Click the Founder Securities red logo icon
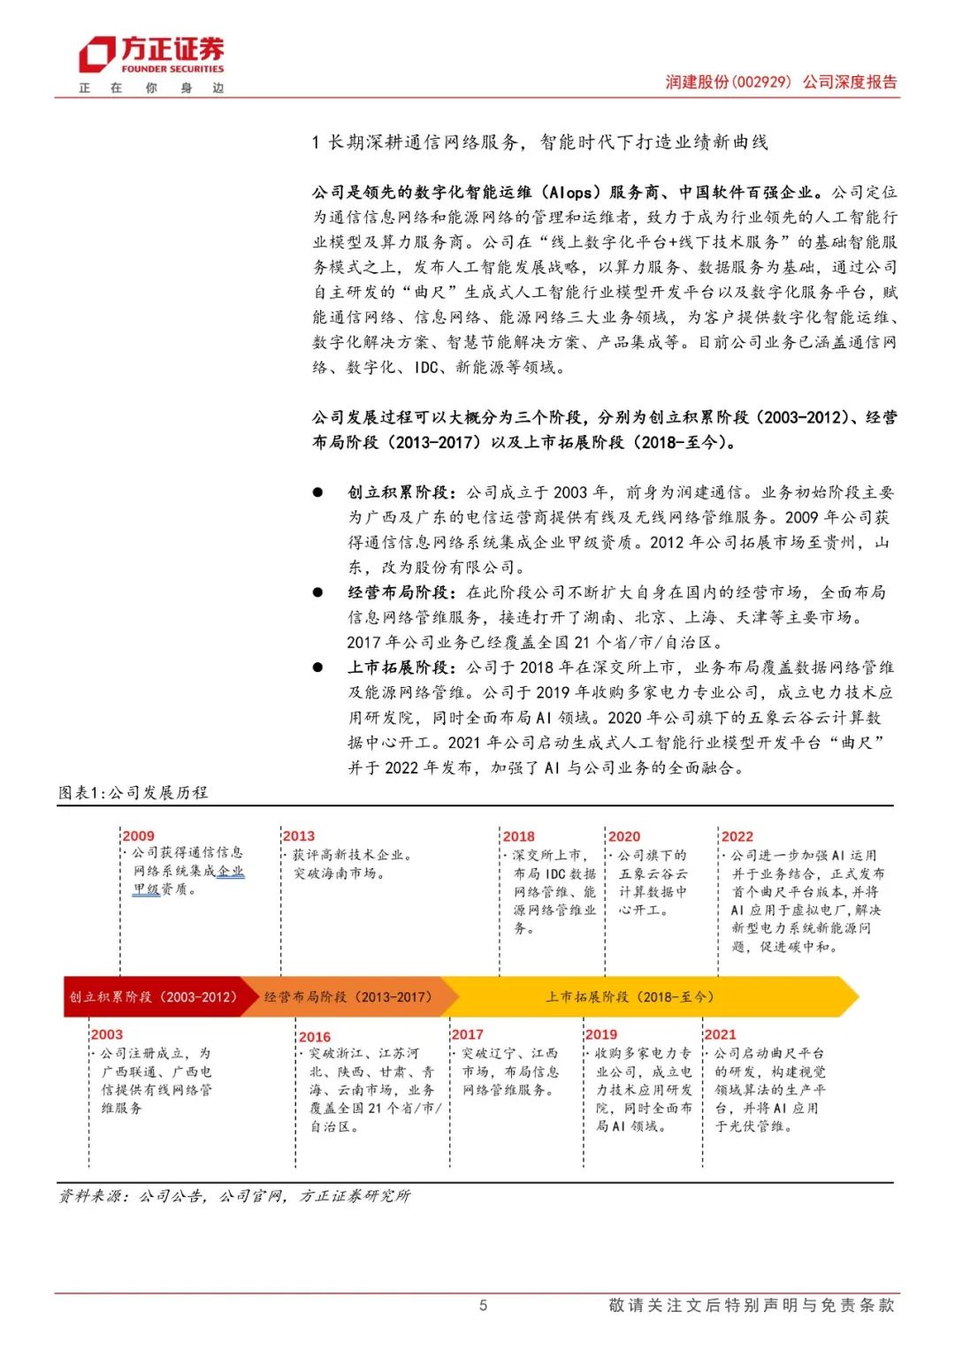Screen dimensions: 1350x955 tap(96, 55)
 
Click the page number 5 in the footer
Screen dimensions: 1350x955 tap(483, 1305)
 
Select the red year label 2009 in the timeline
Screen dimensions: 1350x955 tap(138, 835)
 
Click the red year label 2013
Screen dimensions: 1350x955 tap(299, 835)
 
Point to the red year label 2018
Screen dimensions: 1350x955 tap(518, 835)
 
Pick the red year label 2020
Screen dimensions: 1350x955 tap(624, 835)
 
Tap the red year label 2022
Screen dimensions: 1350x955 tap(737, 835)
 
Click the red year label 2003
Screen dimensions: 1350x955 tap(107, 1033)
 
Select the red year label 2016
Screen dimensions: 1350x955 tap(315, 1036)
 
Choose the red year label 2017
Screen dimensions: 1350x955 tap(467, 1033)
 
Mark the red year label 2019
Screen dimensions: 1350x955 tap(601, 1033)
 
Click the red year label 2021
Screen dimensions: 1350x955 tap(720, 1033)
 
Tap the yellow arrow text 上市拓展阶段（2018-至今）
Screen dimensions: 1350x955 tap(630, 996)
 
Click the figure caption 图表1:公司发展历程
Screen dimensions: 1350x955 tap(133, 792)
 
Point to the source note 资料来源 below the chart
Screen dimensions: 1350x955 tap(234, 1195)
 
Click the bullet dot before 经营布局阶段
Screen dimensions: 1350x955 tap(317, 591)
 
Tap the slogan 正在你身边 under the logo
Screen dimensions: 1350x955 tap(151, 88)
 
